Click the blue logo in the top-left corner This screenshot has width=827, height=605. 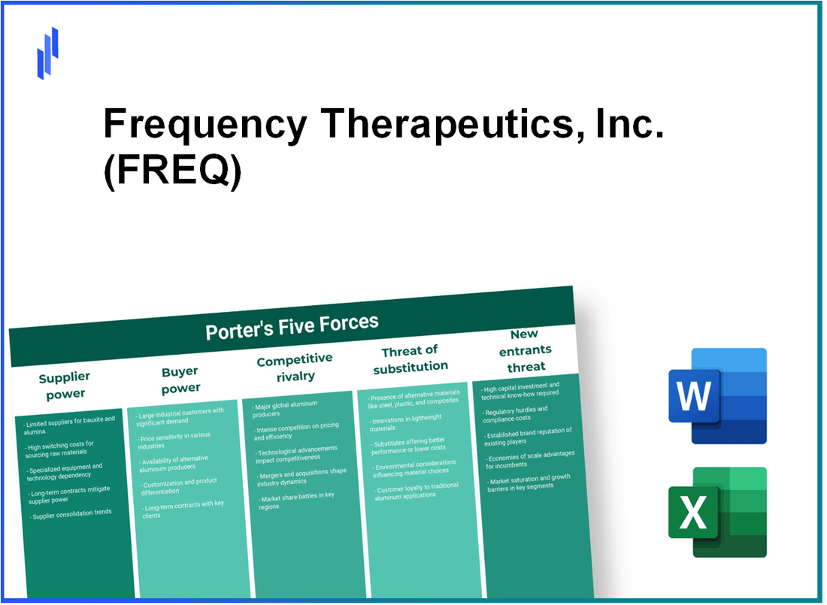tap(47, 53)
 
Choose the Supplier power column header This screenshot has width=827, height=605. tap(64, 385)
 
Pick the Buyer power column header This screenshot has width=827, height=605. tap(180, 380)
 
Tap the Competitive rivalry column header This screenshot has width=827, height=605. tap(294, 367)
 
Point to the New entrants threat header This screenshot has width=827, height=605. tap(526, 349)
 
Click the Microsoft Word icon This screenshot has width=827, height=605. tap(717, 396)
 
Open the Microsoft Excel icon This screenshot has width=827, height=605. tap(717, 512)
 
